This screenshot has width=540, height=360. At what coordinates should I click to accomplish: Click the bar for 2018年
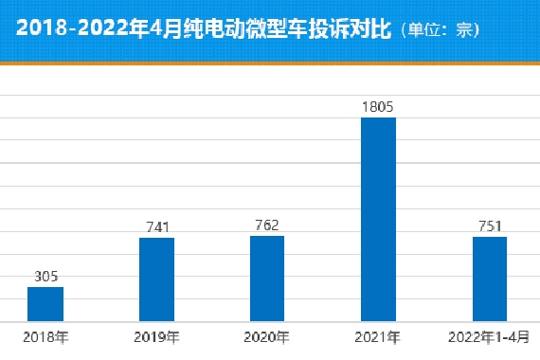coord(45,304)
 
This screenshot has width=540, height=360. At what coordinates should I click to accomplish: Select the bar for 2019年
coord(156,279)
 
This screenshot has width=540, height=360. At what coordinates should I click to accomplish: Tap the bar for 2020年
coord(267,279)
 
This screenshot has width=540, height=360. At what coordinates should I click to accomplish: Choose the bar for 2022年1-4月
coord(490,279)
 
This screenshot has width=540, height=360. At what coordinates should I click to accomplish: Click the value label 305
coord(45,276)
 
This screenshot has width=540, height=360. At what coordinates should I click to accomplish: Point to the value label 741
coord(156,226)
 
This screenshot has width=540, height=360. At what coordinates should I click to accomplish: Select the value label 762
coord(267,225)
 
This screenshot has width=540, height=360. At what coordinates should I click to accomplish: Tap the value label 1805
coord(378,107)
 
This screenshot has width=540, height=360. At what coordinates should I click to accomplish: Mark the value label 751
coord(490,225)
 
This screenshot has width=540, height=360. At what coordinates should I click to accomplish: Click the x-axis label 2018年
coord(45,336)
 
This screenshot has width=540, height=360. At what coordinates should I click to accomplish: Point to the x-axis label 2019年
coord(156,336)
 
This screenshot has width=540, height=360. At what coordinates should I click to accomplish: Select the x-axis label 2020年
coord(267,336)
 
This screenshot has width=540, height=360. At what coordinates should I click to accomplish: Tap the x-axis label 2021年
coord(378,336)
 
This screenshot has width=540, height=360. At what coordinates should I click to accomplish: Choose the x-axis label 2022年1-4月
coord(489,336)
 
